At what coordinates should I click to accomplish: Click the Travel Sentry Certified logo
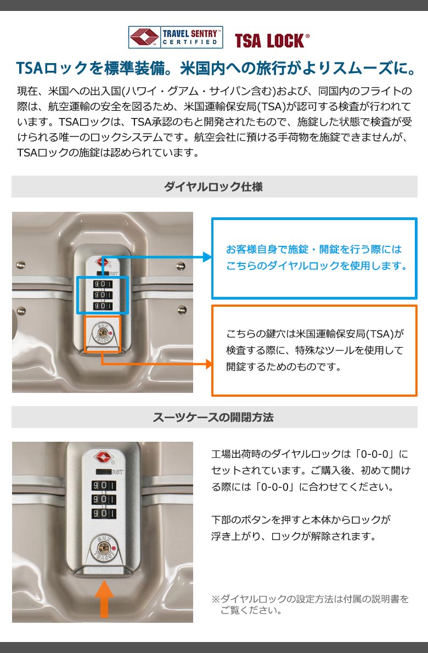tap(175, 37)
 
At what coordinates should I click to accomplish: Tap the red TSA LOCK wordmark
tap(272, 41)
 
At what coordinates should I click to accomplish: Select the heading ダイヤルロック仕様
tap(213, 187)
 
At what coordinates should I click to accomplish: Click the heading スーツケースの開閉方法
tap(213, 417)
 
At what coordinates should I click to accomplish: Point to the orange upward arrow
tap(104, 599)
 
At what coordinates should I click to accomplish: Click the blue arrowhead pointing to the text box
tap(207, 257)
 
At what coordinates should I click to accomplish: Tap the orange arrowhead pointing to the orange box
tap(208, 364)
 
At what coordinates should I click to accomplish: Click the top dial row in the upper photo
tap(103, 284)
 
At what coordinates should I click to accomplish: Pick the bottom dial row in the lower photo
tap(104, 513)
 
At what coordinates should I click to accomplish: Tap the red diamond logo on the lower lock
tap(104, 457)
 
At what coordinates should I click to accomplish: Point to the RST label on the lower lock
tap(117, 472)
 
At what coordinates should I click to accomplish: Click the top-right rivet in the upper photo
tap(181, 266)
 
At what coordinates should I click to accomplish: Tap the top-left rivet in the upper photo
tap(20, 265)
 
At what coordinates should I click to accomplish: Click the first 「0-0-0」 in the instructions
tap(374, 454)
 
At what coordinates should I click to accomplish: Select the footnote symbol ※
tap(215, 599)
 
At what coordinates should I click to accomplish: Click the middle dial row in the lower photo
tap(104, 499)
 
